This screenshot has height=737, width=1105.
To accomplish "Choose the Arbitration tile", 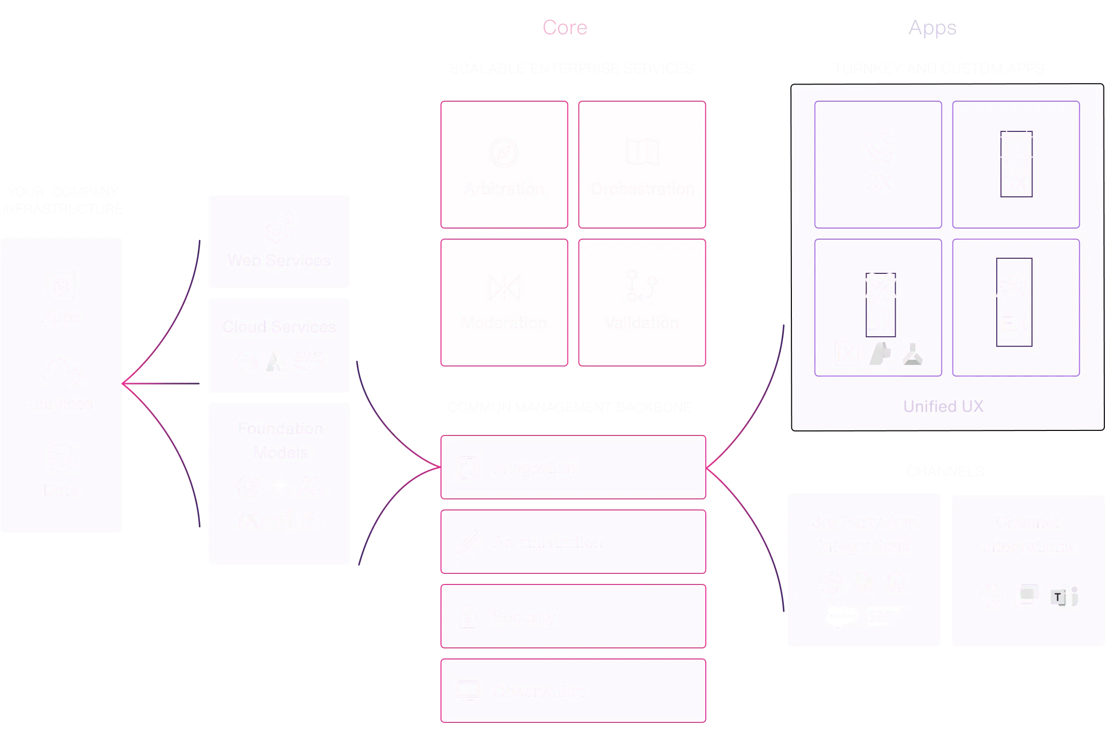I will coord(504,165).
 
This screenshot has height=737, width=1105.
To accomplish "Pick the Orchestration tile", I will coord(642,165).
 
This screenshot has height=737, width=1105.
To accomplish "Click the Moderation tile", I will coord(504,303).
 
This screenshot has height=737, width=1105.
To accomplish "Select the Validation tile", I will coord(642,303).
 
